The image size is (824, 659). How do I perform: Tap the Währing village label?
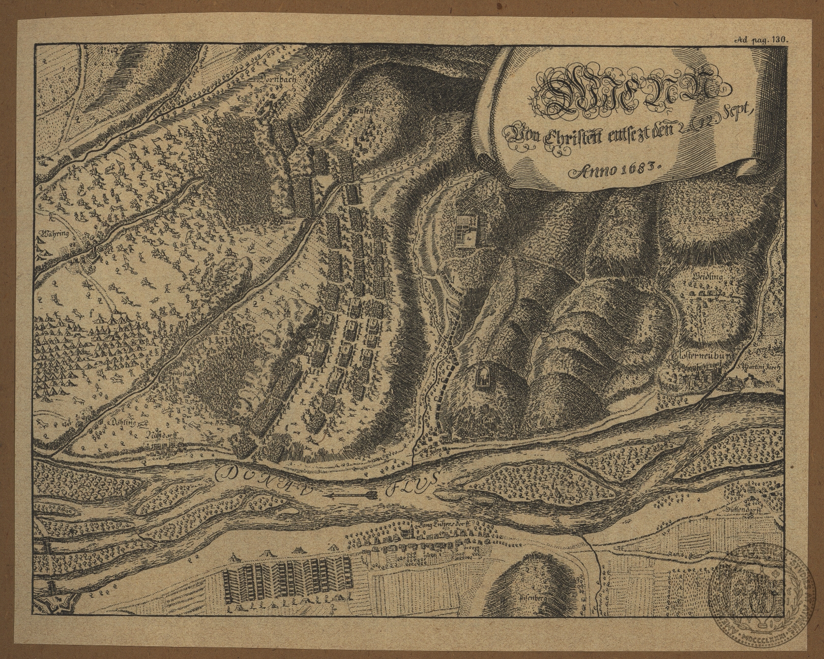[52, 235]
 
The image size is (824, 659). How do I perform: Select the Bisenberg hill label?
[532, 599]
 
